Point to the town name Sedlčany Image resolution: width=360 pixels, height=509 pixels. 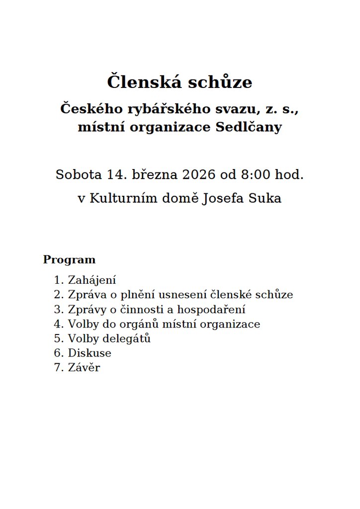pyautogui.click(x=249, y=127)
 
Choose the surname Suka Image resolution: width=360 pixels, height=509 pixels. pyautogui.click(x=267, y=199)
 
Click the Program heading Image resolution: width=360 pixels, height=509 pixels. pyautogui.click(x=69, y=259)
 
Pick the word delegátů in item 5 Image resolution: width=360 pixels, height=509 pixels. pyautogui.click(x=127, y=339)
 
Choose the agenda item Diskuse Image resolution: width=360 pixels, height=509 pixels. pyautogui.click(x=90, y=353)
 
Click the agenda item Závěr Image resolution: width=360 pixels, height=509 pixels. pyautogui.click(x=84, y=368)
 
